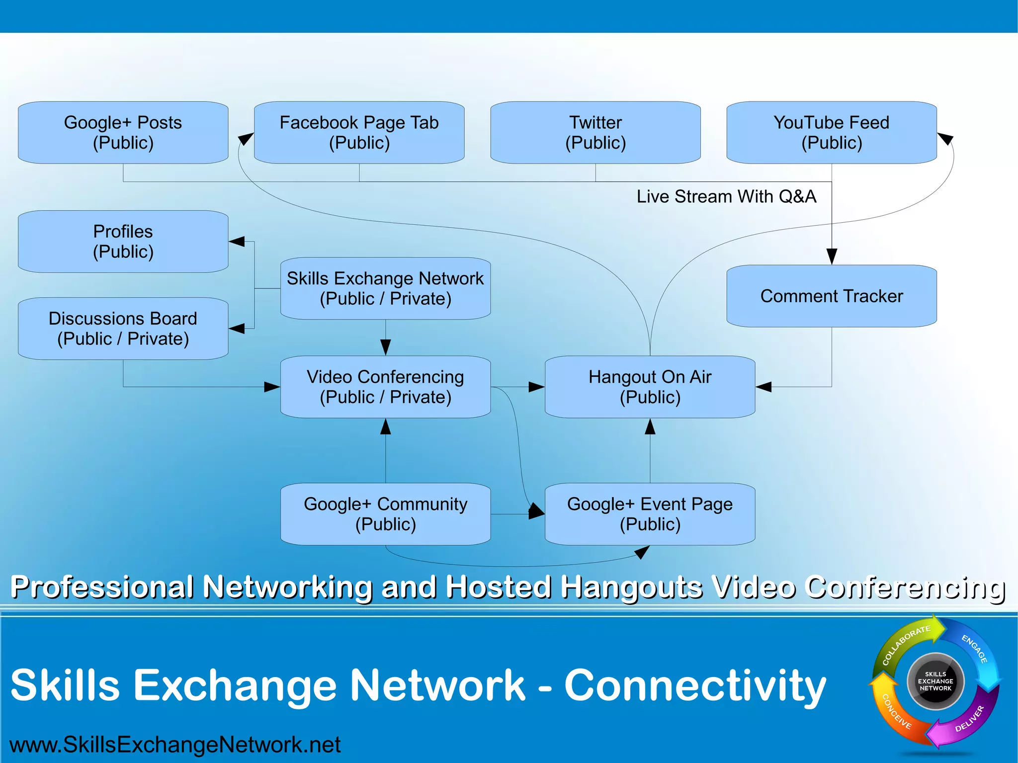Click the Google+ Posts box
pyautogui.click(x=123, y=133)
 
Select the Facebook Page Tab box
pyautogui.click(x=359, y=133)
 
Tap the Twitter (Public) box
pyautogui.click(x=595, y=133)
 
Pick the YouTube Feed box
pyautogui.click(x=831, y=133)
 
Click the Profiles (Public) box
pyautogui.click(x=123, y=242)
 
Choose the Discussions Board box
pyautogui.click(x=123, y=329)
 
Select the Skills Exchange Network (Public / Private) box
pyautogui.click(x=385, y=288)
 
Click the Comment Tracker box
pyautogui.click(x=831, y=296)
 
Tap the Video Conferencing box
pyautogui.click(x=385, y=387)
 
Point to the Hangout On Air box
pyautogui.click(x=650, y=387)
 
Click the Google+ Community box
pyautogui.click(x=385, y=514)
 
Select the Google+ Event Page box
pyautogui.click(x=650, y=514)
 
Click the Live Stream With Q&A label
pyautogui.click(x=726, y=197)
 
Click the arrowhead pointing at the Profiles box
pyautogui.click(x=237, y=242)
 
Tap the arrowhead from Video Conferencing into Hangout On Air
pyautogui.click(x=536, y=387)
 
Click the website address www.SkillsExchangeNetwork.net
pyautogui.click(x=175, y=745)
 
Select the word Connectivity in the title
pyautogui.click(x=695, y=685)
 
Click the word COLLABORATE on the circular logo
pyautogui.click(x=905, y=645)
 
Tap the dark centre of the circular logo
pyautogui.click(x=935, y=681)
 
